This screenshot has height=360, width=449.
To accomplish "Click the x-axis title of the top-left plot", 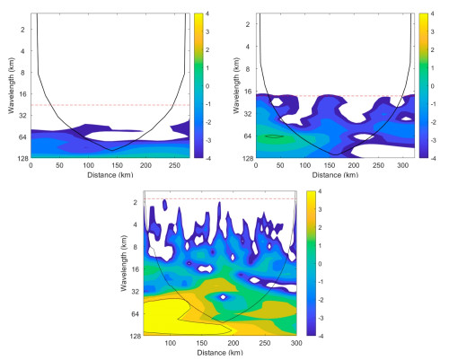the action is tap(110, 175).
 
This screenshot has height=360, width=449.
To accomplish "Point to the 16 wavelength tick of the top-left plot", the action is tap(23, 94).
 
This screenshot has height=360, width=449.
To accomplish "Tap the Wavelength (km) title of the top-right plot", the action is tap(236, 86).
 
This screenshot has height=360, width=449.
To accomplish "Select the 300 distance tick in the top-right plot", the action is tap(403, 165).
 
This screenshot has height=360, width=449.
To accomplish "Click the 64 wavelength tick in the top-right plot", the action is tap(248, 136).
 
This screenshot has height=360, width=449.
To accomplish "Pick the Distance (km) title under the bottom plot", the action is tap(220, 353).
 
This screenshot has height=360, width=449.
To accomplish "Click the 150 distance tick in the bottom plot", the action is tap(202, 343).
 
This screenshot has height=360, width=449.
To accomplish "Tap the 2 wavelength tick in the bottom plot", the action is tap(136, 203).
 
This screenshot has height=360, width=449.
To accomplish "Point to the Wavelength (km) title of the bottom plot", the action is tap(124, 263).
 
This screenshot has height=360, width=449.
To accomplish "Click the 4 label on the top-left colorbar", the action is tap(207, 13).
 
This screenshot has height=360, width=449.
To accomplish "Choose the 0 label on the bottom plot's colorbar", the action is tap(320, 264).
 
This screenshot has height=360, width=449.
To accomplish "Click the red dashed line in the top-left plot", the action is tap(110, 105).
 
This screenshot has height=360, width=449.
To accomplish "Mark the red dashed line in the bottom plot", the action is tap(220, 198).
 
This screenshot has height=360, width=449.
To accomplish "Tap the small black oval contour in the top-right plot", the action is tap(275, 136).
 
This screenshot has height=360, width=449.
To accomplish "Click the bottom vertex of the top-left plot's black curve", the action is tap(112, 151).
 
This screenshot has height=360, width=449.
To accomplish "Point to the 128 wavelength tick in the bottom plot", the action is tap(134, 337).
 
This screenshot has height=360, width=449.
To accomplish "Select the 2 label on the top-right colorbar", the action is tap(432, 50).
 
